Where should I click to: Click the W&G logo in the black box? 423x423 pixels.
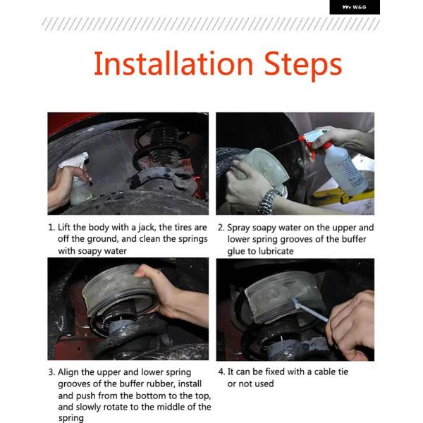pos(354,7)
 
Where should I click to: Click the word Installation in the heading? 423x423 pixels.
pos(173,63)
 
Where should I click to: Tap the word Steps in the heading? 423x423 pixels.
pos(303,66)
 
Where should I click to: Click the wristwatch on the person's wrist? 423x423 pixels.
pos(268,200)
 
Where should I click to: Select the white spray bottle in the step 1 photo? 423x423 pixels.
pos(76,179)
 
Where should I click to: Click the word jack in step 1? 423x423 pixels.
pos(147,228)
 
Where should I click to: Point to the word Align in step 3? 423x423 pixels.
pos(68,372)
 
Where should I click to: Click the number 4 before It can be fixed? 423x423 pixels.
pos(221,372)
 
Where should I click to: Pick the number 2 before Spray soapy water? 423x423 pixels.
pos(221,228)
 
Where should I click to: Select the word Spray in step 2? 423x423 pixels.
pos(238,228)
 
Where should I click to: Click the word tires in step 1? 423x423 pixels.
pos(183,228)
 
